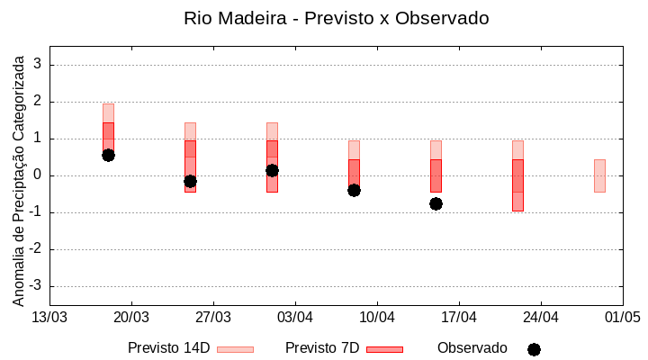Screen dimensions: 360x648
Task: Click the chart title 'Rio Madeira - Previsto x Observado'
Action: pos(336,18)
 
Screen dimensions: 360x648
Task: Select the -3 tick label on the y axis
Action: pos(36,286)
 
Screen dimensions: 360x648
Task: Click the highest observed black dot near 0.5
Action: pos(108,155)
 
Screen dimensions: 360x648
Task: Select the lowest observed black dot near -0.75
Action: pos(436,203)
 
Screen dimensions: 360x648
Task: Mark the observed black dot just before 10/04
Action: pos(354,190)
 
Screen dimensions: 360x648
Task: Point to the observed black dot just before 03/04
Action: pos(272,170)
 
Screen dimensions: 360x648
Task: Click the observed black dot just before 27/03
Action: pos(190,181)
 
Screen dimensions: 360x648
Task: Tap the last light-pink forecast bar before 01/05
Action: pos(599,175)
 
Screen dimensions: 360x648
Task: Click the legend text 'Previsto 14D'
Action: pos(168,348)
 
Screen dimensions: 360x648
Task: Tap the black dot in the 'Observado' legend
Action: pos(534,349)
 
